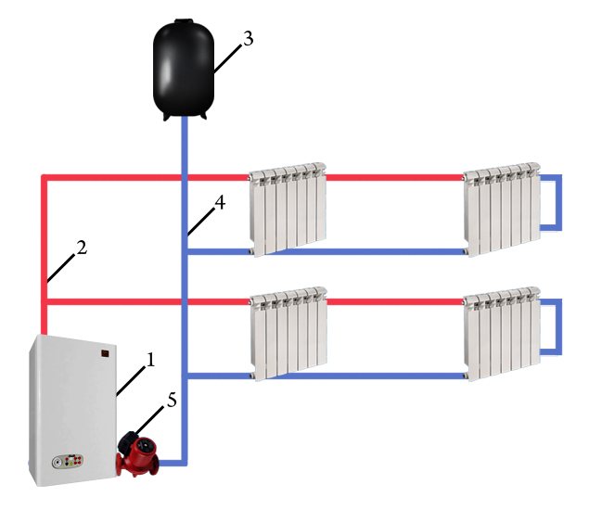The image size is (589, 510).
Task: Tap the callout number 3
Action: coord(246,40)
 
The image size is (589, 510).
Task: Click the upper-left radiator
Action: coord(288,210)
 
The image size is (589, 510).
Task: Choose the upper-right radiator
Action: coord(502,208)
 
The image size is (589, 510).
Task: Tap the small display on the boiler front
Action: coord(109,353)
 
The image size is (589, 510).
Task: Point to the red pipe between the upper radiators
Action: coord(394,176)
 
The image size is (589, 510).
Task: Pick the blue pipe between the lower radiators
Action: coord(394,376)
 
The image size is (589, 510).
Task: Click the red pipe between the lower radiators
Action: coord(394,302)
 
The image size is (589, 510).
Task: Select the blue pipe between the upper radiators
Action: coord(394,250)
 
